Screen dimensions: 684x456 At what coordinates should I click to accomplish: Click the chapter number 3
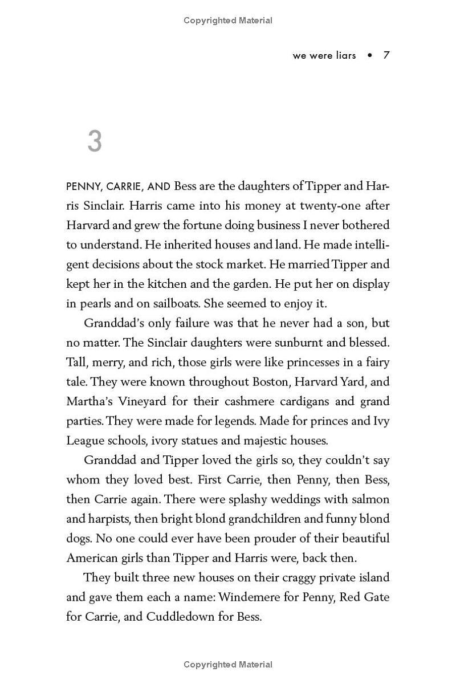(95, 141)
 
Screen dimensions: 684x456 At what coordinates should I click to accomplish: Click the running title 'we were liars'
(324, 55)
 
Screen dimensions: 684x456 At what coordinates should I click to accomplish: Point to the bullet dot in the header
(370, 55)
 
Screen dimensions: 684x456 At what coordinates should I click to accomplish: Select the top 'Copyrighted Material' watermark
(228, 21)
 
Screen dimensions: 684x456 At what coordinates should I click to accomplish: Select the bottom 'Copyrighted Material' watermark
(228, 665)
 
